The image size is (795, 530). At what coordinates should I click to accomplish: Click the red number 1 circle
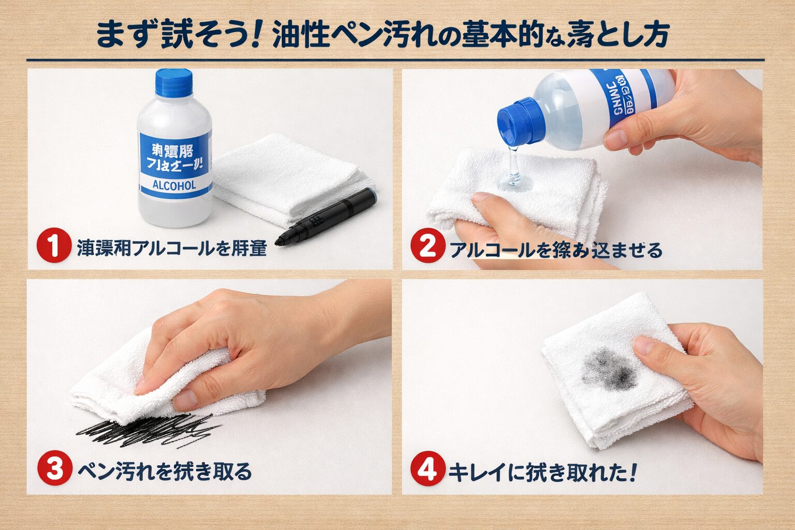54,247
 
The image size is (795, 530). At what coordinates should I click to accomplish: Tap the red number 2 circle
428,247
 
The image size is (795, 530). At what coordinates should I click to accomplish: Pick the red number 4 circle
428,470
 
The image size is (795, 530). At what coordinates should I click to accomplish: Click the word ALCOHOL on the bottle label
174,186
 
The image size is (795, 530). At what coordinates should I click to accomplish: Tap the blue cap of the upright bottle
174,83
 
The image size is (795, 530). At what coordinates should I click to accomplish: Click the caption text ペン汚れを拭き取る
165,470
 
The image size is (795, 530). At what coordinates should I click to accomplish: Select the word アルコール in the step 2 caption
492,250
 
